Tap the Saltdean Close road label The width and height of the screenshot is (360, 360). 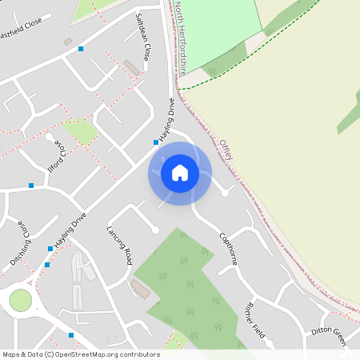click(x=143, y=37)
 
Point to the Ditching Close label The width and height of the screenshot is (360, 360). click(x=22, y=240)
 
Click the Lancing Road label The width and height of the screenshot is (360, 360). click(x=118, y=245)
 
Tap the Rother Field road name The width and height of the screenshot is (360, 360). click(x=254, y=320)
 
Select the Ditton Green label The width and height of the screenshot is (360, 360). click(x=329, y=336)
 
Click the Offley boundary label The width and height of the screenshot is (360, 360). click(x=226, y=150)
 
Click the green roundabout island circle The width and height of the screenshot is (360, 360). click(x=20, y=301)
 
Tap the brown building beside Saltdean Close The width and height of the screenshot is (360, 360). click(x=131, y=68)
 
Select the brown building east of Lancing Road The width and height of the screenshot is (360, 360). click(x=139, y=289)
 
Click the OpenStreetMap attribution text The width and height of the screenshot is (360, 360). click(x=81, y=354)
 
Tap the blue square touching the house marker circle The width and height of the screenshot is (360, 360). click(x=156, y=142)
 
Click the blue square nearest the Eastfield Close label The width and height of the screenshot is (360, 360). click(x=81, y=49)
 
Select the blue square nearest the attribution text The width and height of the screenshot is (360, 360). click(x=70, y=335)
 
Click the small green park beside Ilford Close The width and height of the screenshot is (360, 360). click(x=81, y=131)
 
